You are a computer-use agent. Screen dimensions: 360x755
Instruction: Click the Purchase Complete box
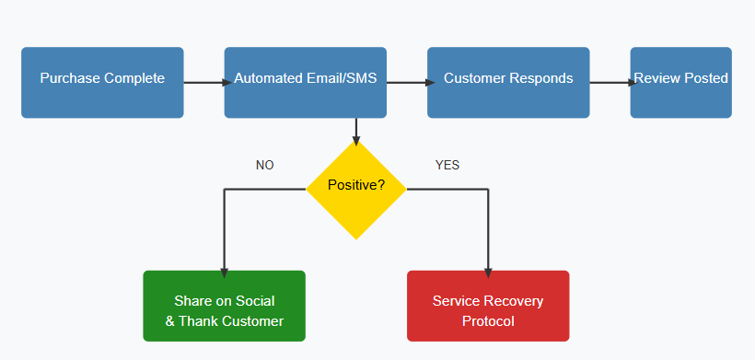[102, 82]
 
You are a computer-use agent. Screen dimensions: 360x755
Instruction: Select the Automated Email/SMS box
[305, 82]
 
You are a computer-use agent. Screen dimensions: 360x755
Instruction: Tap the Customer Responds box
[508, 82]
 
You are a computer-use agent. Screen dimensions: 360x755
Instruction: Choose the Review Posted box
[680, 82]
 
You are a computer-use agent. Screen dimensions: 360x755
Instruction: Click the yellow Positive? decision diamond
[355, 189]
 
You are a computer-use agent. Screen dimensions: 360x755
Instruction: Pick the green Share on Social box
[224, 306]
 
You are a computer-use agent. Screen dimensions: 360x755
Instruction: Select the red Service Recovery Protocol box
[488, 306]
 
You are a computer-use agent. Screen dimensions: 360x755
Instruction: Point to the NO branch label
[265, 166]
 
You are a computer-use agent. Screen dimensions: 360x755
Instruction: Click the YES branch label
[447, 166]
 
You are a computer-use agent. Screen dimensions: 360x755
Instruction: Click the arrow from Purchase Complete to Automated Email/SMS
[203, 82]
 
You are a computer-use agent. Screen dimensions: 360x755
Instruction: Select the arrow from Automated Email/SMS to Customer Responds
[406, 82]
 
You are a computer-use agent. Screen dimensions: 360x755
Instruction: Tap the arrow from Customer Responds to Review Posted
[610, 82]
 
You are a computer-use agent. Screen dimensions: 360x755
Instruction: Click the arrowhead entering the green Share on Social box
[224, 273]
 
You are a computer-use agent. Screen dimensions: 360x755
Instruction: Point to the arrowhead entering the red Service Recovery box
[488, 273]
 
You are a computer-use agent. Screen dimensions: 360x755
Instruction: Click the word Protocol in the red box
[488, 321]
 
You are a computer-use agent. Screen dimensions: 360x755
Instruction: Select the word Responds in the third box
[542, 78]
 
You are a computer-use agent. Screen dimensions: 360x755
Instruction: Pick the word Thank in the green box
[199, 321]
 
